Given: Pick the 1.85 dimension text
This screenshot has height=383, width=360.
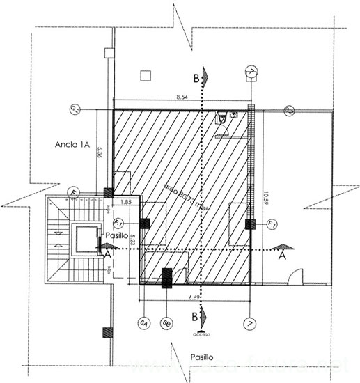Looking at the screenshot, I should pyautogui.click(x=127, y=201).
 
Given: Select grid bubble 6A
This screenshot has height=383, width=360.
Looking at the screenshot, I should pyautogui.click(x=143, y=324).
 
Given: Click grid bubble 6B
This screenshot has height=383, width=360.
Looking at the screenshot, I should pyautogui.click(x=166, y=324).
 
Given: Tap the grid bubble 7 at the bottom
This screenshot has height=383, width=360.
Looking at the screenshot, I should pyautogui.click(x=249, y=324).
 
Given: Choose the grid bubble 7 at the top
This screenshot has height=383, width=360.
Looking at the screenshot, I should pyautogui.click(x=252, y=72).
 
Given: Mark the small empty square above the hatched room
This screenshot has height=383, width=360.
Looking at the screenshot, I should pyautogui.click(x=146, y=75).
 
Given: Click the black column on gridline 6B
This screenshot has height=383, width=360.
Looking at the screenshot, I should pyautogui.click(x=167, y=277).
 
